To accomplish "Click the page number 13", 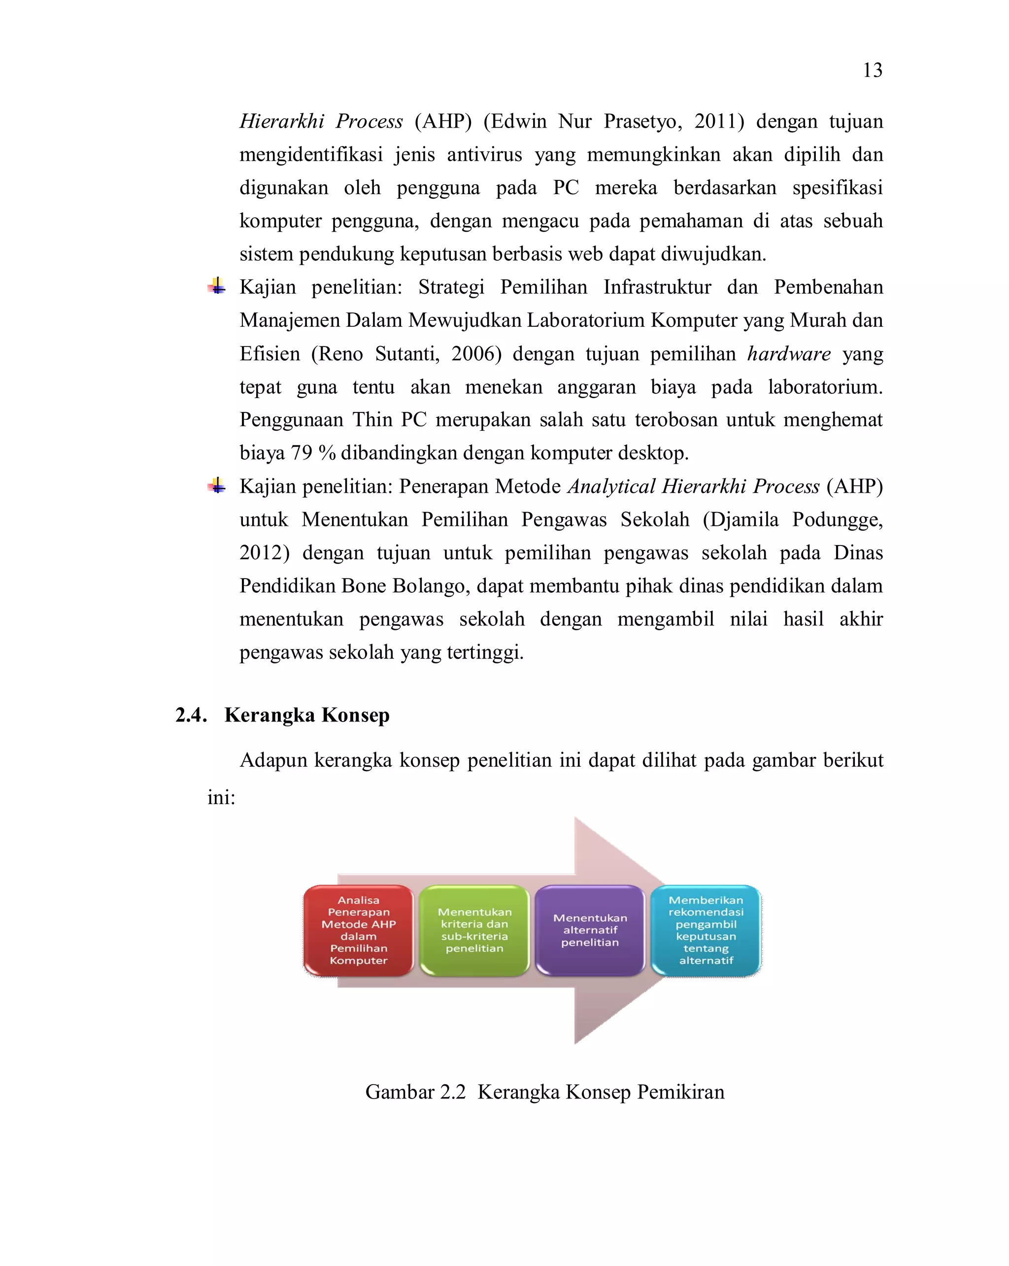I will [x=872, y=70].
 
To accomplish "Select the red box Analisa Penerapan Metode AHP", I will [x=358, y=930].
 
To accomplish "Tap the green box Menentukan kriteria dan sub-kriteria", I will [x=474, y=930].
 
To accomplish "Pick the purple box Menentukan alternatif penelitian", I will [x=590, y=930].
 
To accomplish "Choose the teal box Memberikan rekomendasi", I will [x=706, y=930].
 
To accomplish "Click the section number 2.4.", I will [x=191, y=715].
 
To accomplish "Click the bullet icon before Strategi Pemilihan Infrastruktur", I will [x=217, y=286].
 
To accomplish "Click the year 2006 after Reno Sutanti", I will [x=475, y=353].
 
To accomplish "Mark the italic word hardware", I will [x=788, y=353].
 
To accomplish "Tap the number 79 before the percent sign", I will [x=302, y=453].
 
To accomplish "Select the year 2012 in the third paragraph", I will [x=264, y=552].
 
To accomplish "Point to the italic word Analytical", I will [x=610, y=486].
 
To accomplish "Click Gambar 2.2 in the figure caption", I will [x=415, y=1092].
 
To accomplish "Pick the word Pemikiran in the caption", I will [x=680, y=1092].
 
